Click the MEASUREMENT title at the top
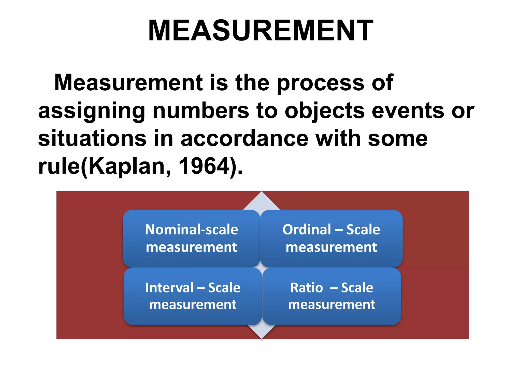tap(260, 31)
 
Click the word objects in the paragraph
tap(325, 111)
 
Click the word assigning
tap(92, 111)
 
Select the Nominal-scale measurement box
tap(191, 238)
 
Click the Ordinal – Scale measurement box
tap(331, 238)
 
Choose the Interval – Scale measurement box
tap(193, 296)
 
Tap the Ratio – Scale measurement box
tap(332, 296)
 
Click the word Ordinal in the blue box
tap(307, 230)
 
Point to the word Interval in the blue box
tap(169, 288)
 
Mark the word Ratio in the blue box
tap(307, 288)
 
